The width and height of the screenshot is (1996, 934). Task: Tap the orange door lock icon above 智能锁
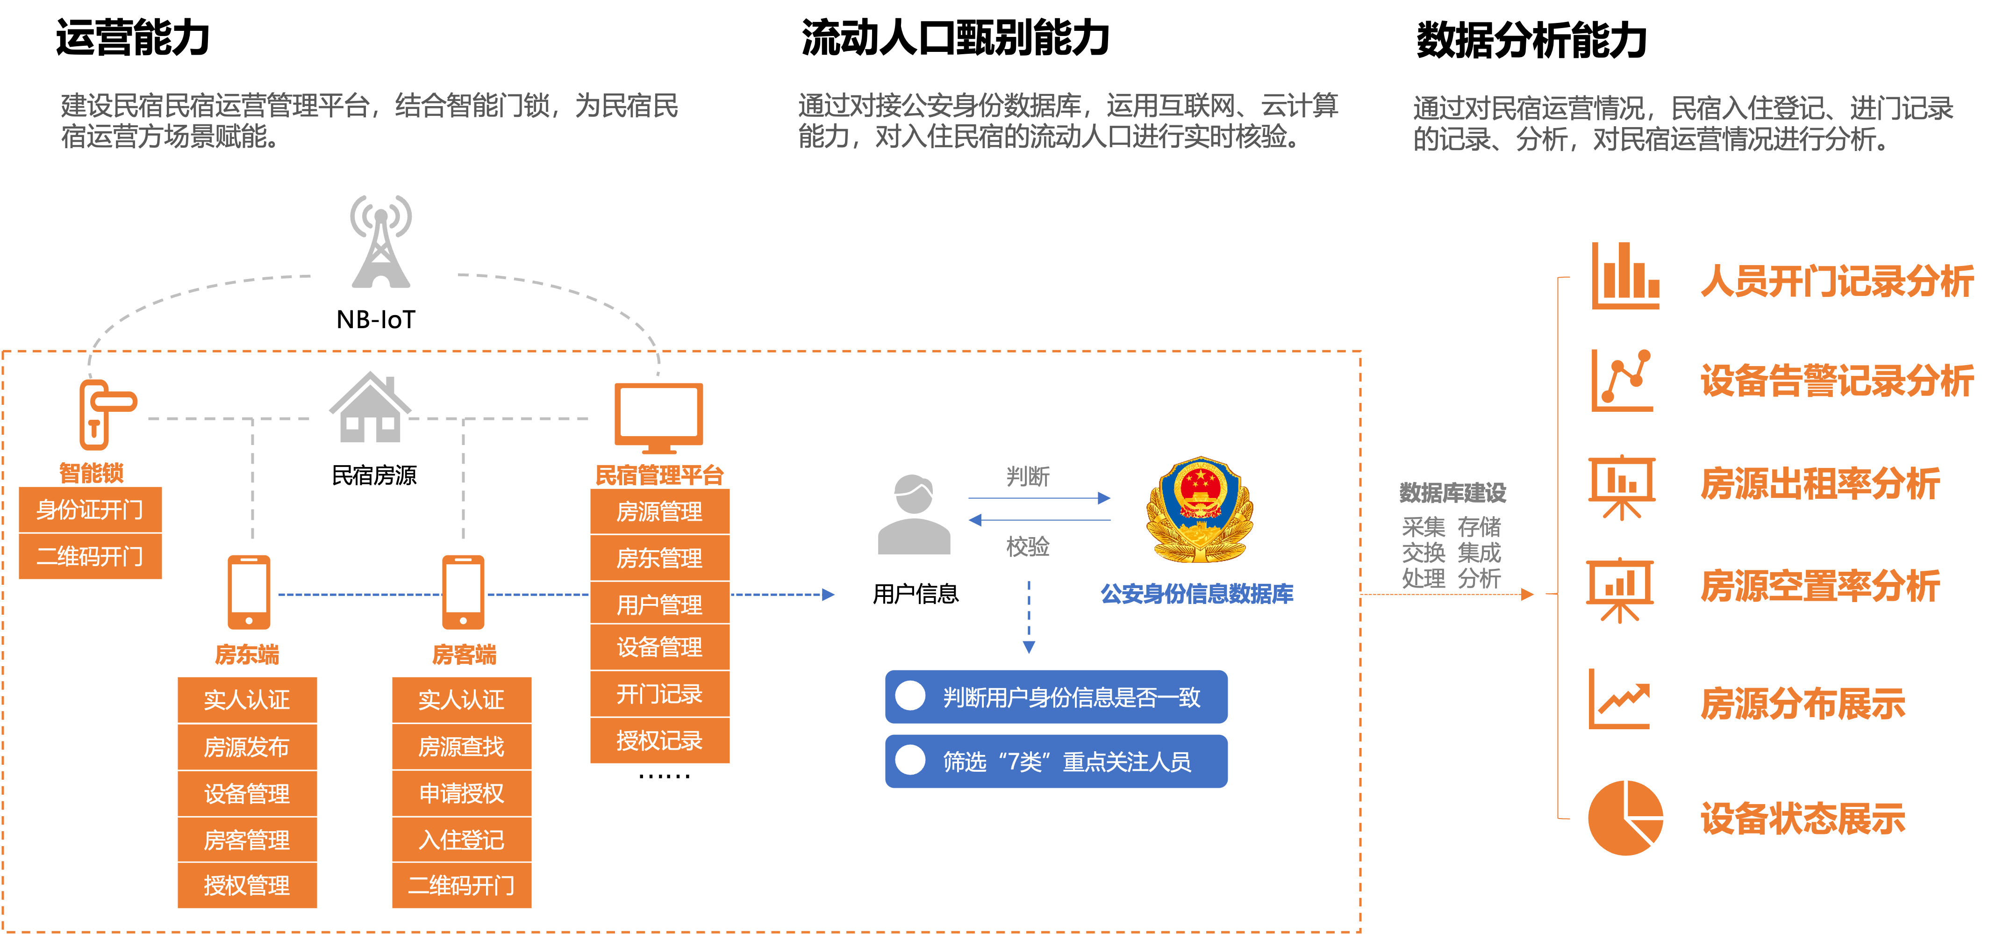105,415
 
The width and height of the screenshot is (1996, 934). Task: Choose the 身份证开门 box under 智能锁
90,510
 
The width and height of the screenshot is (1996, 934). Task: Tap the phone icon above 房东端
249,592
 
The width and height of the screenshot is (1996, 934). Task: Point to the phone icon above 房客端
463,592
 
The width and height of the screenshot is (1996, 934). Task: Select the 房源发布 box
247,747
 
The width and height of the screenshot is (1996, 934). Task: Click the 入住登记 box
462,840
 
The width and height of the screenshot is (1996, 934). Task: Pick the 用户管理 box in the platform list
659,604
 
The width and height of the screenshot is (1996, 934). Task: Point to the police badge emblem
1200,509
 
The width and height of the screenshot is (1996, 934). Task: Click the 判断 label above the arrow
1028,476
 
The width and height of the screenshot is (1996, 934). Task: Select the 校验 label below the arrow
1028,546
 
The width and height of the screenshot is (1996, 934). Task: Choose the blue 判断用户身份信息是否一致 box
1056,697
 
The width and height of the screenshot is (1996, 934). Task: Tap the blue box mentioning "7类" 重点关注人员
1056,761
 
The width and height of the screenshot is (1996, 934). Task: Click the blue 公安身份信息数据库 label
1197,594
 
